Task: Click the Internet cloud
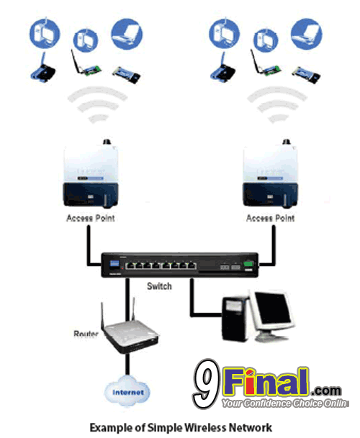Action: click(x=127, y=392)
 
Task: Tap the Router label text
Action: click(x=86, y=334)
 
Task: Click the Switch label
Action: click(x=159, y=286)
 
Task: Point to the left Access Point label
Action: click(x=91, y=218)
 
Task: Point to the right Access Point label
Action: click(x=270, y=218)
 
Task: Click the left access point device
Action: click(x=91, y=174)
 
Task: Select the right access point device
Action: click(x=270, y=174)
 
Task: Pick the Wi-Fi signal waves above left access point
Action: click(x=98, y=105)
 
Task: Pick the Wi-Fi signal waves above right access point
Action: click(x=277, y=105)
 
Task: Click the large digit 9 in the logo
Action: click(x=207, y=383)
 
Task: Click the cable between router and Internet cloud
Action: click(x=127, y=365)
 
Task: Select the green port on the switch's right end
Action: click(x=248, y=264)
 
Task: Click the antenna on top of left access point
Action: click(x=107, y=142)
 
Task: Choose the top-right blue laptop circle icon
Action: click(x=307, y=34)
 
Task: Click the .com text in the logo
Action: click(x=325, y=391)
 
